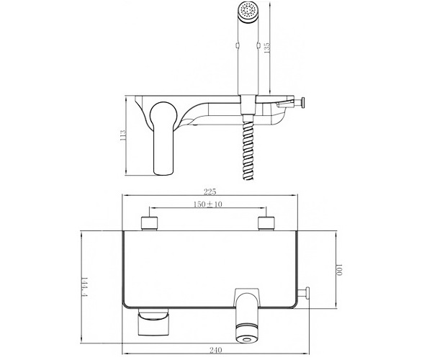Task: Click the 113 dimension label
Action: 123,135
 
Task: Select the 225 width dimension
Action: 210,191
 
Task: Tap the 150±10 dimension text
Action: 207,204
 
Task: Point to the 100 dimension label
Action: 338,270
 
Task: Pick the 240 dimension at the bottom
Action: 216,350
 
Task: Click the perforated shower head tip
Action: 248,11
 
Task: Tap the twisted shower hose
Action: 248,148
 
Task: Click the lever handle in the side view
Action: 163,138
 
